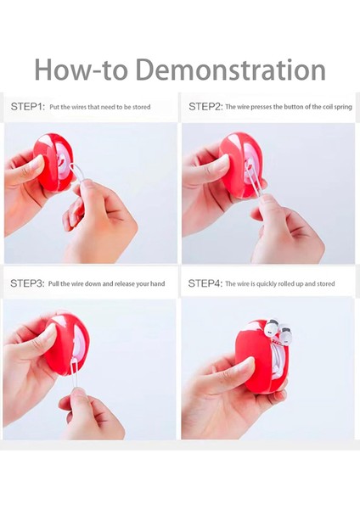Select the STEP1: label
(28, 107)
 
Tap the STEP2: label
(205, 107)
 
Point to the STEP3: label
(27, 283)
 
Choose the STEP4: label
(205, 283)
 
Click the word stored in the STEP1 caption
(141, 107)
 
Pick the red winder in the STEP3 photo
(66, 344)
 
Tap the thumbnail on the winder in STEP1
(37, 163)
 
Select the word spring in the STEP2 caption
(343, 107)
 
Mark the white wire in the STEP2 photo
(255, 184)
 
